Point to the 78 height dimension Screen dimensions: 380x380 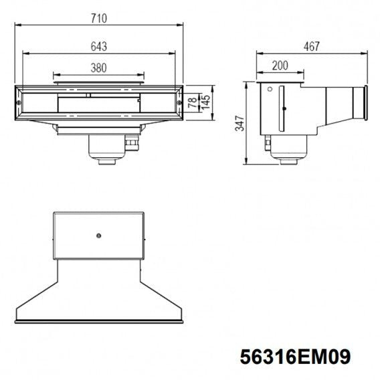[x=193, y=103]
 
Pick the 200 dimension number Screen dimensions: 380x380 [x=280, y=66]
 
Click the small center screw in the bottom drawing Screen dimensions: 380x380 [x=98, y=235]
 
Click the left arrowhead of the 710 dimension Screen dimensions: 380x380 [x=17, y=25]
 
